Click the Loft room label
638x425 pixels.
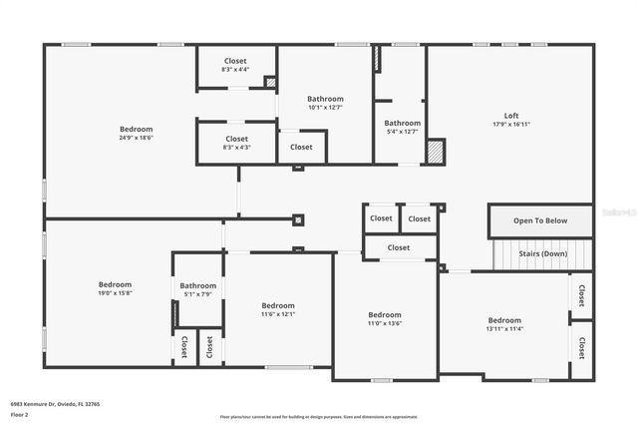click(x=510, y=115)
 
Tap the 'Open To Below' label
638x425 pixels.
click(x=540, y=220)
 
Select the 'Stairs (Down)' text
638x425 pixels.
click(x=543, y=253)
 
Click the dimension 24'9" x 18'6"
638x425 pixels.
click(x=137, y=139)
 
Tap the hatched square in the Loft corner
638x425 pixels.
click(x=436, y=151)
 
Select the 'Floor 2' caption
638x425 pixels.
click(x=19, y=413)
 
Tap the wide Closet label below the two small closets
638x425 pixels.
click(x=399, y=247)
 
